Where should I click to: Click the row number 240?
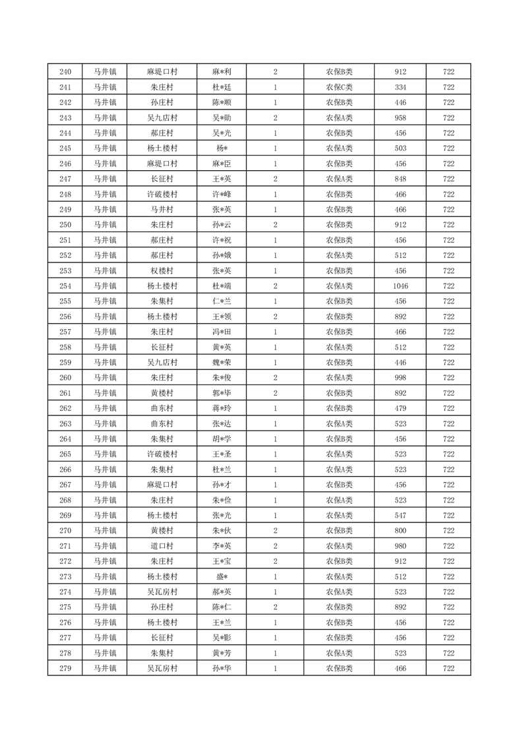click(65, 72)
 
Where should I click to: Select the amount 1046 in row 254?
click(400, 286)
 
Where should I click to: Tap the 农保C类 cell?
click(339, 87)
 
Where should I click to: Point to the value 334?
click(400, 87)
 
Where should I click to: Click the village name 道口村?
click(162, 546)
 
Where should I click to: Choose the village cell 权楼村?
click(162, 271)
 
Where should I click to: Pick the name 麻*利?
click(222, 72)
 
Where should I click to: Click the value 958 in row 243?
click(400, 118)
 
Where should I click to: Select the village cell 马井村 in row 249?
click(162, 210)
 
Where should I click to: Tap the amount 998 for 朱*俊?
click(400, 378)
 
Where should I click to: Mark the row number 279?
click(65, 668)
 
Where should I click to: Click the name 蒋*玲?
click(222, 408)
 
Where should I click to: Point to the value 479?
click(400, 408)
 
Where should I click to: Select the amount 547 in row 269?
click(400, 515)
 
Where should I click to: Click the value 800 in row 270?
click(400, 531)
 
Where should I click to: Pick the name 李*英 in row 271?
click(222, 546)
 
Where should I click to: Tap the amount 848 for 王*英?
click(400, 179)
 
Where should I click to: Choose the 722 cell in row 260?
click(448, 378)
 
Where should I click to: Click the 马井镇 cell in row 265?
click(104, 454)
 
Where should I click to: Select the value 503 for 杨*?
click(400, 148)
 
